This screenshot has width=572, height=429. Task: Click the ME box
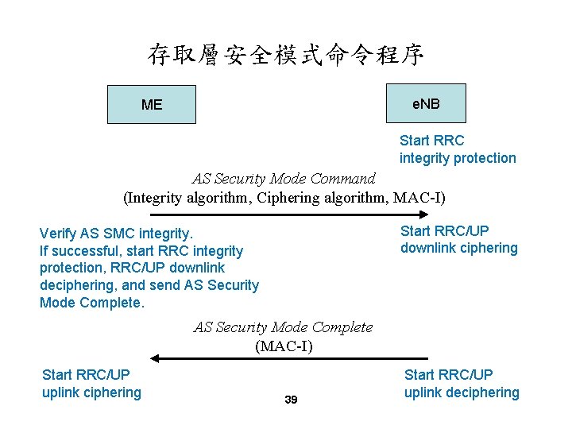(x=151, y=104)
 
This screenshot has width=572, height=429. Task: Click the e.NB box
(x=426, y=103)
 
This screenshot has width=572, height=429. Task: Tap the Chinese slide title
(x=285, y=54)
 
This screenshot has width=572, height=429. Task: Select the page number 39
(x=291, y=400)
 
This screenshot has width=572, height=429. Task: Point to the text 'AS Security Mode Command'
(x=284, y=178)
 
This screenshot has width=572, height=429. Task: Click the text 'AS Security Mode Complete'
(x=284, y=327)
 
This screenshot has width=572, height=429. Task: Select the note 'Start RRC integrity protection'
(x=458, y=149)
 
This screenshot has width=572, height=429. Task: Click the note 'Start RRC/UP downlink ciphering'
(x=458, y=239)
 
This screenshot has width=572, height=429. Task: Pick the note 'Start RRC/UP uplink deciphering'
(x=462, y=383)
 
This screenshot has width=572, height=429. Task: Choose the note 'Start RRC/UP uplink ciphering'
(x=91, y=383)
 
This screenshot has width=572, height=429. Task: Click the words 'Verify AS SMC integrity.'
(x=116, y=234)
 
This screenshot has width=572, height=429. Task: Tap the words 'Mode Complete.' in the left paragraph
(x=92, y=303)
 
